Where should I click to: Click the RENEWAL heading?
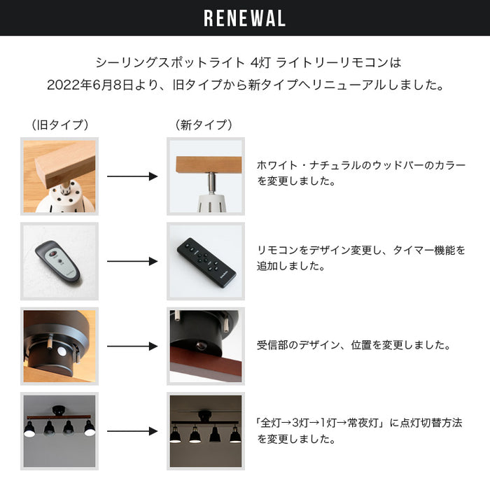point(244,18)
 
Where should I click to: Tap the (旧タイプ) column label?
point(59,125)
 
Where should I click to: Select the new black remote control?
point(204,260)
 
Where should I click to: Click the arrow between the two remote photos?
point(132,261)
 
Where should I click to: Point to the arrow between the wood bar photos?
point(132,176)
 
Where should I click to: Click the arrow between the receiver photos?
point(132,346)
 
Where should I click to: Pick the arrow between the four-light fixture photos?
point(132,430)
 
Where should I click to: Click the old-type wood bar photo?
point(59,176)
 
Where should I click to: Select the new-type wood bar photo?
point(205,176)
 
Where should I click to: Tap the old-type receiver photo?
point(59,346)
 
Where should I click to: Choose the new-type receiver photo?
point(205,346)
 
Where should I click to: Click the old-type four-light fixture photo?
point(59,430)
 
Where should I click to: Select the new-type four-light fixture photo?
point(205,430)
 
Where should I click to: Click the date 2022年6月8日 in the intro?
point(90,85)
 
